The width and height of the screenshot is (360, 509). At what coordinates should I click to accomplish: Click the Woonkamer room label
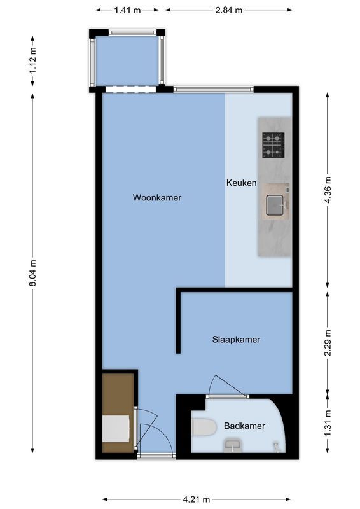[x=157, y=198]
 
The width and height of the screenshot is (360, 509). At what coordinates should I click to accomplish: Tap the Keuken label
[x=241, y=183]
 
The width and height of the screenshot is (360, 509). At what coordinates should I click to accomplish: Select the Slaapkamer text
[x=236, y=340]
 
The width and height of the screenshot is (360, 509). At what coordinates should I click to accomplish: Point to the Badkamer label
[x=244, y=426]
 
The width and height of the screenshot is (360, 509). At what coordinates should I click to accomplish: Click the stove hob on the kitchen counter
[x=273, y=144]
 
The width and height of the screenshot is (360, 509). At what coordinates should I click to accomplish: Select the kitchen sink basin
[x=275, y=204]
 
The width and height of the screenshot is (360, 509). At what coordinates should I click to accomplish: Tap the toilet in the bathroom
[x=204, y=427]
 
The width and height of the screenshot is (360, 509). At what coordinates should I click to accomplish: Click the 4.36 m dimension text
[x=328, y=189]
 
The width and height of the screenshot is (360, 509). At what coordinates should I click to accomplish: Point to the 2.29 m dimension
[x=328, y=344]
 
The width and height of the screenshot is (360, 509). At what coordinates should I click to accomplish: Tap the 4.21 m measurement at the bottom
[x=197, y=499]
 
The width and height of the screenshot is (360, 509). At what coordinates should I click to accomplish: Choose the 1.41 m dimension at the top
[x=128, y=10]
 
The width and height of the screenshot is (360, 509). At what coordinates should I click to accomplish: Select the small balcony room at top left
[x=127, y=60]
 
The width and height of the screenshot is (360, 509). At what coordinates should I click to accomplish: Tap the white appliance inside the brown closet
[x=116, y=428]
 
